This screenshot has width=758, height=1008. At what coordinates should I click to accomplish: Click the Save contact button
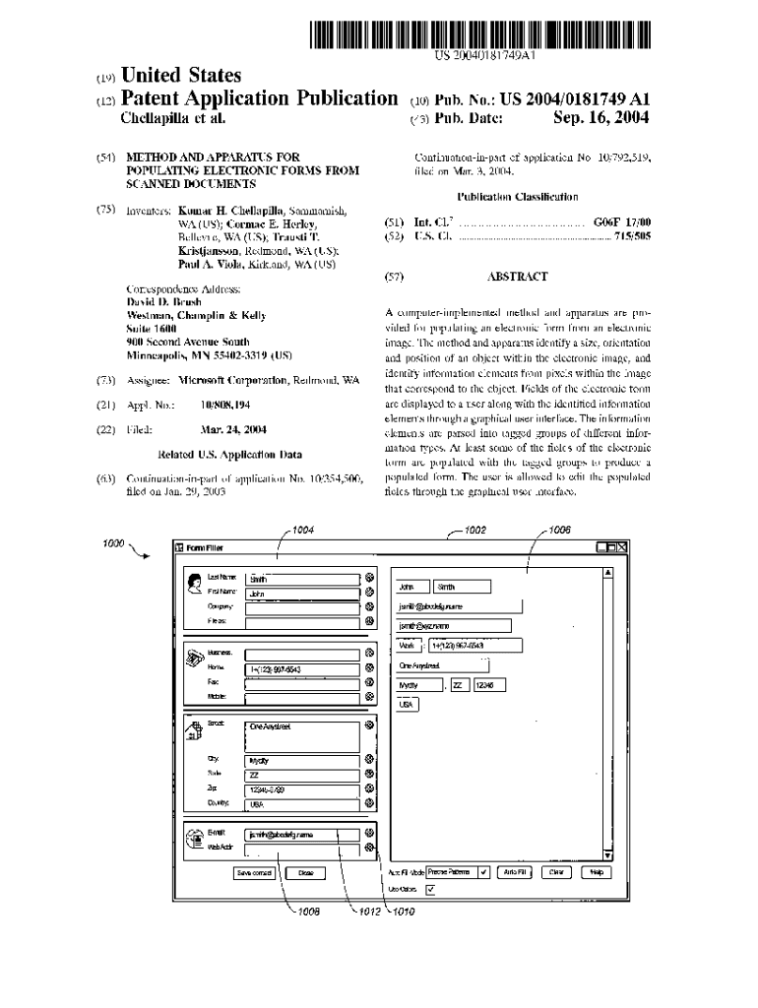[255, 872]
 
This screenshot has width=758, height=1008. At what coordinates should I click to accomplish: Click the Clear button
[556, 871]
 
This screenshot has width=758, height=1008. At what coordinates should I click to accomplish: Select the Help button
[595, 871]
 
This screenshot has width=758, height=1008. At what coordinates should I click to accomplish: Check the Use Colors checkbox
[429, 890]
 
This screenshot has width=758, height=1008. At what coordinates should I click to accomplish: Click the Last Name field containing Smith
[302, 579]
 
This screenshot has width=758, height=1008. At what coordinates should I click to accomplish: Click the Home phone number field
[302, 669]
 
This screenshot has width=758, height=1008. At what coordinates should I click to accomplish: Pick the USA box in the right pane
[406, 705]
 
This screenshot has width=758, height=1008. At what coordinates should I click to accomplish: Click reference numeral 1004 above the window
[303, 532]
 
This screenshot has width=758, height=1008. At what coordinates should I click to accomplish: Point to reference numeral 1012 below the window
[370, 912]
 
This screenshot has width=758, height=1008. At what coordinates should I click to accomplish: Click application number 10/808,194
[224, 405]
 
